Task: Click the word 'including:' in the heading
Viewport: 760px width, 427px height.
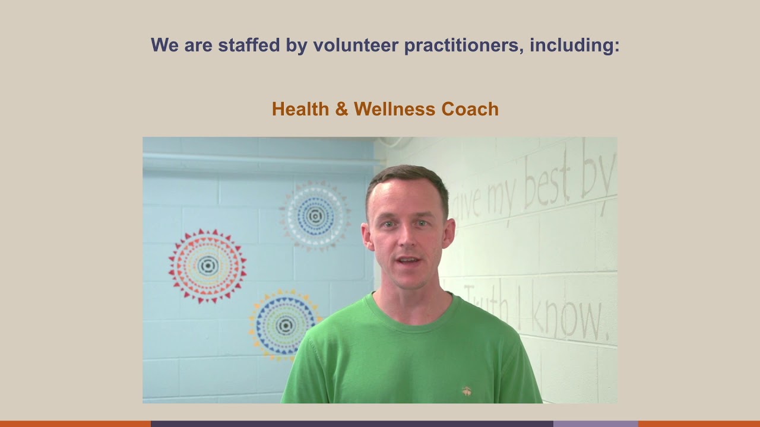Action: pos(574,45)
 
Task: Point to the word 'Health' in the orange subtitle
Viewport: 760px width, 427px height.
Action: pos(300,109)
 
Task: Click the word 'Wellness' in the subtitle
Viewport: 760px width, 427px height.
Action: pos(395,109)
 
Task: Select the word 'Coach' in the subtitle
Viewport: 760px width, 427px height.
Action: pos(470,109)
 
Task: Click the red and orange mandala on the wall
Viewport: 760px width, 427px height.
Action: pos(207,265)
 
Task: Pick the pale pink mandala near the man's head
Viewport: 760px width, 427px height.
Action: pos(315,216)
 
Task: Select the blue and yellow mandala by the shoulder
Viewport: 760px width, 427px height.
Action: pos(284,324)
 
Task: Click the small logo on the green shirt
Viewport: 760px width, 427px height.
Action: pos(467,391)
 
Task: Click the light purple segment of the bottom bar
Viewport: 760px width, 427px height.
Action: pos(595,423)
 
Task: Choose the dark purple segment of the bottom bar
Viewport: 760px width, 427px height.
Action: pos(351,423)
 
